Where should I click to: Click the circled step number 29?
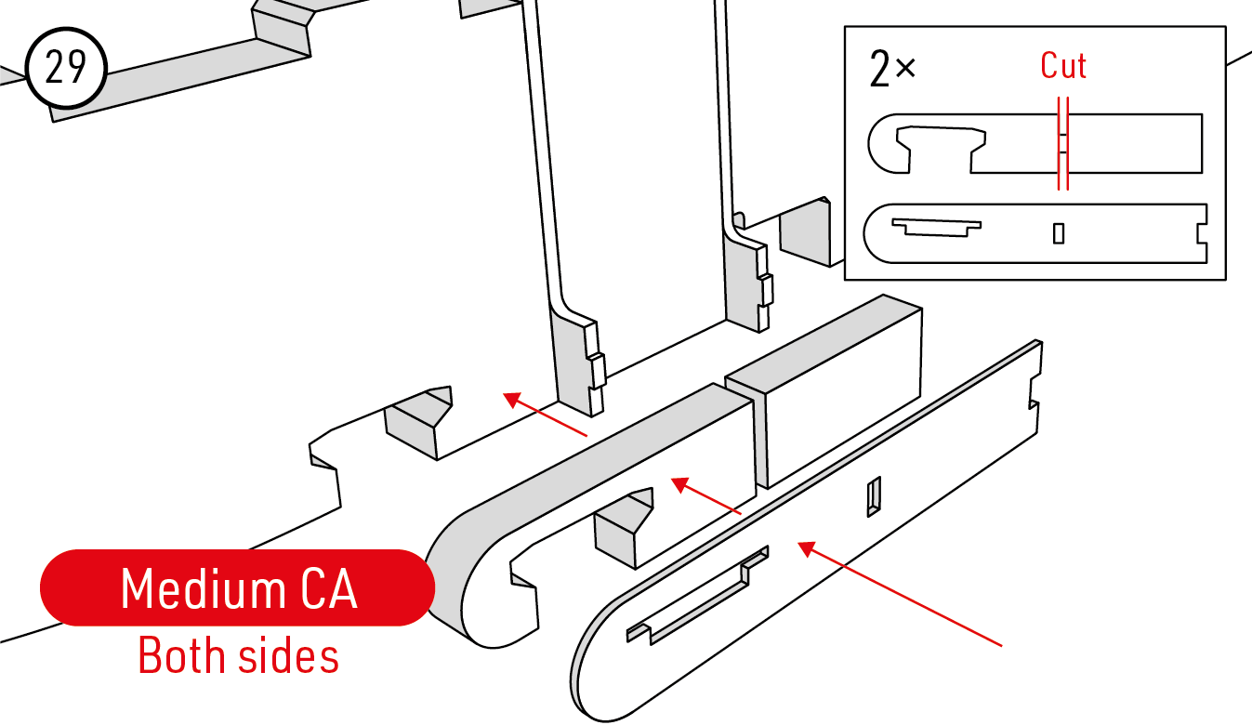coord(66,68)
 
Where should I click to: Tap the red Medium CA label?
coord(238,587)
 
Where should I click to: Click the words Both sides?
coord(238,655)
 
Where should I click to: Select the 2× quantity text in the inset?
coord(892,69)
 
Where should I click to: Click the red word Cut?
coord(1063,66)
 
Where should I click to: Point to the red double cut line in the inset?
coord(1063,144)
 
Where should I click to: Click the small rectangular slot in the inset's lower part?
coord(1058,233)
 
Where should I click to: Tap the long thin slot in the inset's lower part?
coord(936,227)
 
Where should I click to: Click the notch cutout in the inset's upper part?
coord(941,147)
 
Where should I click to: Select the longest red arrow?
coord(900,594)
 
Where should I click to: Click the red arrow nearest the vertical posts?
coord(545,415)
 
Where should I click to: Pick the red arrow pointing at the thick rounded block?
coord(705,495)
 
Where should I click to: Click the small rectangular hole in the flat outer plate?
coord(874,496)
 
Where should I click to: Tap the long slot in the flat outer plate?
coord(697,595)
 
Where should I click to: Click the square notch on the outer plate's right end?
coord(1034,391)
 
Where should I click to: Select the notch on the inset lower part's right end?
coord(1202,233)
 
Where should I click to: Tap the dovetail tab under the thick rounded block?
coord(623,528)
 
